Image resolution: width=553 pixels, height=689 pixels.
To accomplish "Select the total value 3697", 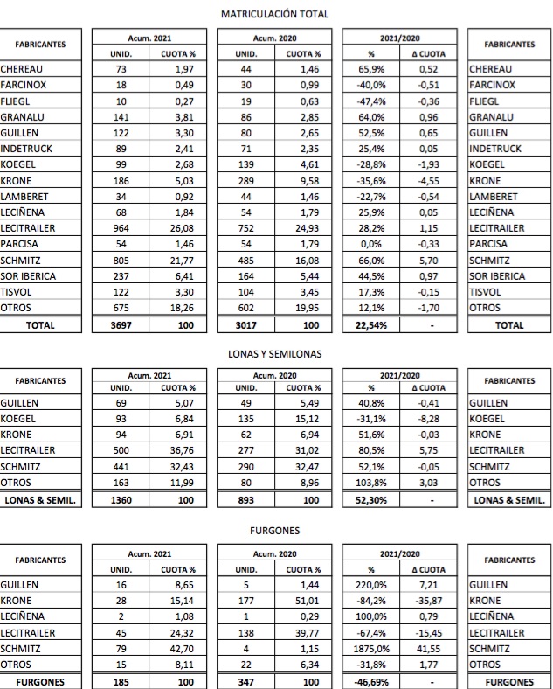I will click(x=121, y=324).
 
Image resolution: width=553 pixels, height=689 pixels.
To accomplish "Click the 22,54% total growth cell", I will click(x=371, y=324).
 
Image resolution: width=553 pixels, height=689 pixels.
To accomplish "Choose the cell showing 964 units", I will click(x=121, y=228).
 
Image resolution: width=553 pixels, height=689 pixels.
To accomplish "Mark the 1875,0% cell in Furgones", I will click(x=371, y=649).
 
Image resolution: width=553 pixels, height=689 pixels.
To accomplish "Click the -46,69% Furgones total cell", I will click(x=371, y=681).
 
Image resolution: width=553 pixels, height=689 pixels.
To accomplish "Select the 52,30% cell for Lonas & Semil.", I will click(x=371, y=500).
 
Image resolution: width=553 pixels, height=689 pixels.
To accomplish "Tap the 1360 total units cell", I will click(x=121, y=500).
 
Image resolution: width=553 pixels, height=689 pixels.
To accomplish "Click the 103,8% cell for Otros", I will click(x=371, y=483).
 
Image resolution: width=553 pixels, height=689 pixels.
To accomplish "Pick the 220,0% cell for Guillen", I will click(x=371, y=586).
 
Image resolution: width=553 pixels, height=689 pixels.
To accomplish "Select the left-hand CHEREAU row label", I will click(x=22, y=69).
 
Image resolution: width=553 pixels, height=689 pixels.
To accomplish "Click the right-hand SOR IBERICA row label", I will click(x=497, y=276).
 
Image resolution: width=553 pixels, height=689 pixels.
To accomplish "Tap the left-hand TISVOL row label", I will click(x=17, y=292).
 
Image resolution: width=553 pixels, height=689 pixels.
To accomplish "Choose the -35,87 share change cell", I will click(x=427, y=602).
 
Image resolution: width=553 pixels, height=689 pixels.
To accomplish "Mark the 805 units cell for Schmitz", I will click(x=121, y=260).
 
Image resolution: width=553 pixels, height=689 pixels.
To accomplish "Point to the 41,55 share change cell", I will click(x=427, y=649).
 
